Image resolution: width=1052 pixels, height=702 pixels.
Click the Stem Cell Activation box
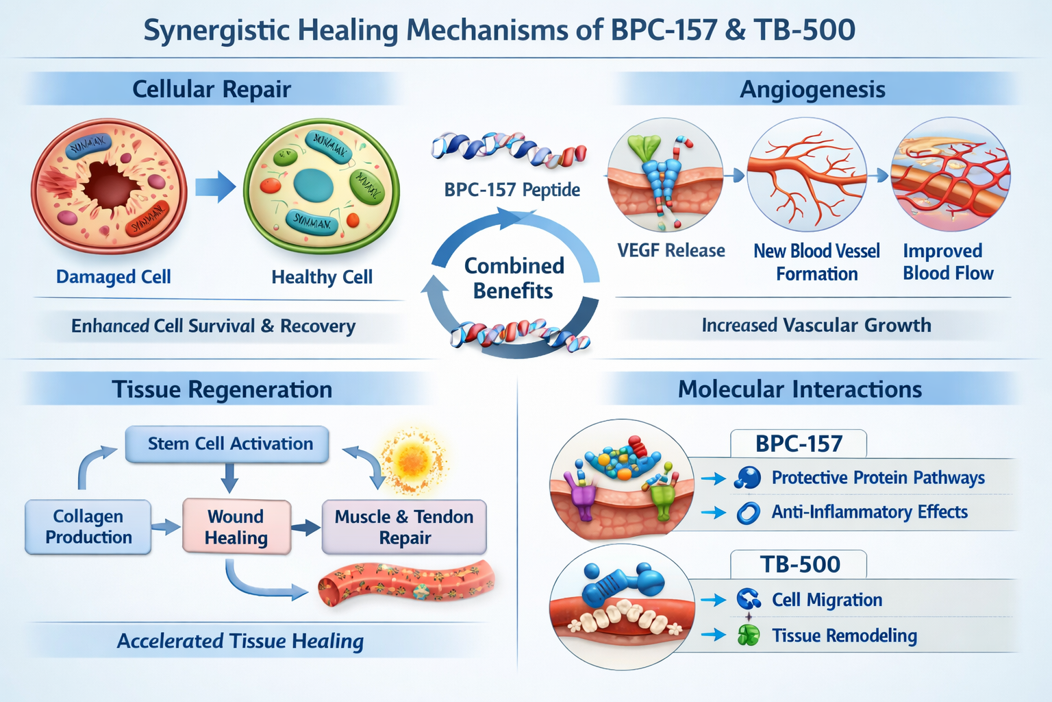pos(227,444)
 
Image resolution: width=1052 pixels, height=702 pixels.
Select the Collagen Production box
pos(88,526)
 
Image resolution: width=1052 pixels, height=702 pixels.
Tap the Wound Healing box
pos(236,526)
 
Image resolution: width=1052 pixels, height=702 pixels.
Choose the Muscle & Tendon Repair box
pos(404,526)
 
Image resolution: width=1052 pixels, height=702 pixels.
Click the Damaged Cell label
pos(113,277)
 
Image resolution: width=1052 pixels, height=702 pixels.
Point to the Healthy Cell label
pos(322,277)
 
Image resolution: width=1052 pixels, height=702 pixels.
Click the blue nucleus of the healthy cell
pos(313,186)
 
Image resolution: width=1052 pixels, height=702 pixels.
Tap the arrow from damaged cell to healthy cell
pos(215,186)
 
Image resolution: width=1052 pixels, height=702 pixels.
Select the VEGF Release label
pos(671,251)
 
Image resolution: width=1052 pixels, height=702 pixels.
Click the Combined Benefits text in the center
pos(514,278)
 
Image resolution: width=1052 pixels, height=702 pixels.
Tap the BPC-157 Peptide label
pos(512,190)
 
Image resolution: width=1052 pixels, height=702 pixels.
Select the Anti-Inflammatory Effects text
pos(869,512)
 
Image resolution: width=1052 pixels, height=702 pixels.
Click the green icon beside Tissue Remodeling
pos(749,636)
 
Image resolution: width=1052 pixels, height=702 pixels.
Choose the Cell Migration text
pos(827,600)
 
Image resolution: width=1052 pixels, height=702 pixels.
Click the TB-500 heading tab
pos(799,564)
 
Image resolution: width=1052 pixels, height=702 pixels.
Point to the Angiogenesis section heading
pos(812,90)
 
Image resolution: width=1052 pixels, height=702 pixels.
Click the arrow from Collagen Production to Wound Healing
pos(166,526)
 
